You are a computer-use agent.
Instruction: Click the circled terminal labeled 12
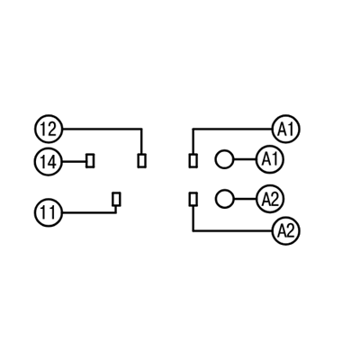click(x=49, y=129)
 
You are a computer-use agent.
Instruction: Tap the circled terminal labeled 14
click(x=49, y=162)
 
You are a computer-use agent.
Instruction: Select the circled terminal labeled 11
click(x=49, y=212)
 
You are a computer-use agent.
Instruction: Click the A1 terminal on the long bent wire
click(x=286, y=129)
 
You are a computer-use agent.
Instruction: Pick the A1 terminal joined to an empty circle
click(x=270, y=159)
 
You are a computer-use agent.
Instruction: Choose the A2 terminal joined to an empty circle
click(x=270, y=199)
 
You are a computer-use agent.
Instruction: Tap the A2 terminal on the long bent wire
click(x=286, y=230)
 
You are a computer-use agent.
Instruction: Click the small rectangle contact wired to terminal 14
click(x=90, y=161)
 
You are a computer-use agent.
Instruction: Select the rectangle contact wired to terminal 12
click(x=142, y=161)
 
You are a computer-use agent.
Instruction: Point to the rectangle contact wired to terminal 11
click(x=116, y=199)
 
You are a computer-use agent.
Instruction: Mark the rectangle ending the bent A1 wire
click(x=193, y=161)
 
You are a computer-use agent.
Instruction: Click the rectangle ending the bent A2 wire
click(x=193, y=199)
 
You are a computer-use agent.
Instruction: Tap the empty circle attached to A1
click(x=224, y=159)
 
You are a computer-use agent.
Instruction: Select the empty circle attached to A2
click(x=224, y=199)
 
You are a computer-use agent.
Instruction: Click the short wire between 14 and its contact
click(x=74, y=162)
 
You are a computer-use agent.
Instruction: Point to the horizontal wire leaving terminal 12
click(x=102, y=129)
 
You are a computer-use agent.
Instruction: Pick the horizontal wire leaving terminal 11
click(x=89, y=212)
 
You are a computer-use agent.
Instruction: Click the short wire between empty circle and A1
click(x=245, y=159)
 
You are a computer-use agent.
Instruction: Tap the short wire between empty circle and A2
click(x=245, y=199)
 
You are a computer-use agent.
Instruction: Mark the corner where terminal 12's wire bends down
click(x=142, y=129)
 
